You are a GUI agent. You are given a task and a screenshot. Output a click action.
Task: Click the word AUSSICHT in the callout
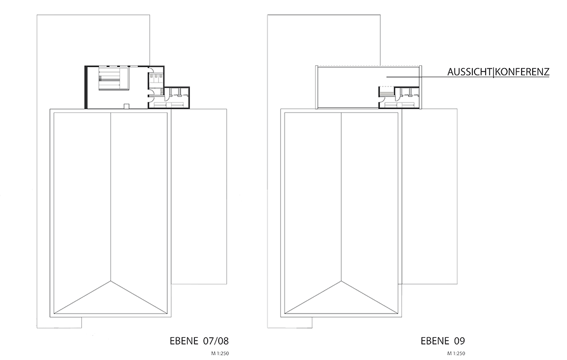pos(470,71)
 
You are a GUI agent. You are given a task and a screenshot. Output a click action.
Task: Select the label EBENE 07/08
pos(199,341)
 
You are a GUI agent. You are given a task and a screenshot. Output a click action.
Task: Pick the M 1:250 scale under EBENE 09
pos(456,353)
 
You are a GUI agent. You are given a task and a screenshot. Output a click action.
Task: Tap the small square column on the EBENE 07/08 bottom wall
pos(126,106)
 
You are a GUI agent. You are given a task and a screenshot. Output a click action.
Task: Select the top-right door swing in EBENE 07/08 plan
pos(151,70)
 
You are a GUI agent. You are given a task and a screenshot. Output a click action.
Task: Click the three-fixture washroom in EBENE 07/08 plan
pos(156,79)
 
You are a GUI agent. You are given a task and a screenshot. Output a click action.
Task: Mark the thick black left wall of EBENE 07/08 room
pos(86,87)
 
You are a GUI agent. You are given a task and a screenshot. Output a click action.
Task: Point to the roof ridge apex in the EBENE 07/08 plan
pos(110,281)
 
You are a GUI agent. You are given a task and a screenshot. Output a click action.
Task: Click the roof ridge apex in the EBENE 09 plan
pos(341,281)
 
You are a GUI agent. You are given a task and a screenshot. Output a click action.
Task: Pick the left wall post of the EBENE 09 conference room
pos(316,87)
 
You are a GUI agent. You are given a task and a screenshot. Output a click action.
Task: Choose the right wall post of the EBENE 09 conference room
pos(420,87)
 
